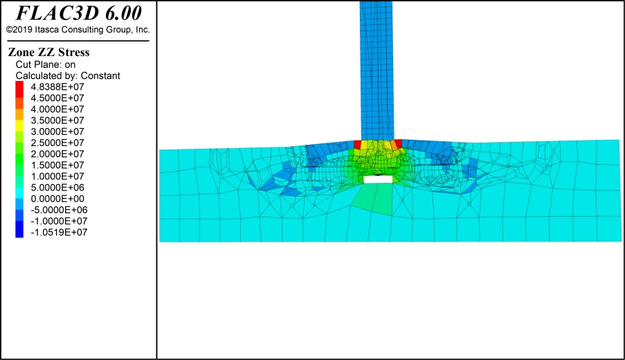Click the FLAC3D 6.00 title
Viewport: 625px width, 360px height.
(x=78, y=13)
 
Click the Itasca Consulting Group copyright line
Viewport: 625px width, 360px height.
(x=78, y=30)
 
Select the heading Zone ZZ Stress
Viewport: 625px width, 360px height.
(x=48, y=52)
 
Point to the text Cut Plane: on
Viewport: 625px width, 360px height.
(x=46, y=64)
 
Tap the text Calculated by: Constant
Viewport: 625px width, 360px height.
(x=68, y=75)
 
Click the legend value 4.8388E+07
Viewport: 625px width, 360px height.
(x=57, y=87)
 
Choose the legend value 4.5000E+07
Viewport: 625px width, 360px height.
(x=57, y=98)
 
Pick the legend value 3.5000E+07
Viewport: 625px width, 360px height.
(x=57, y=120)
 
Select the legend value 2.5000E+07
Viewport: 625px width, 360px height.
(x=57, y=143)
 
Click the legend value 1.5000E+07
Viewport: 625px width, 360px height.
(x=57, y=165)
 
